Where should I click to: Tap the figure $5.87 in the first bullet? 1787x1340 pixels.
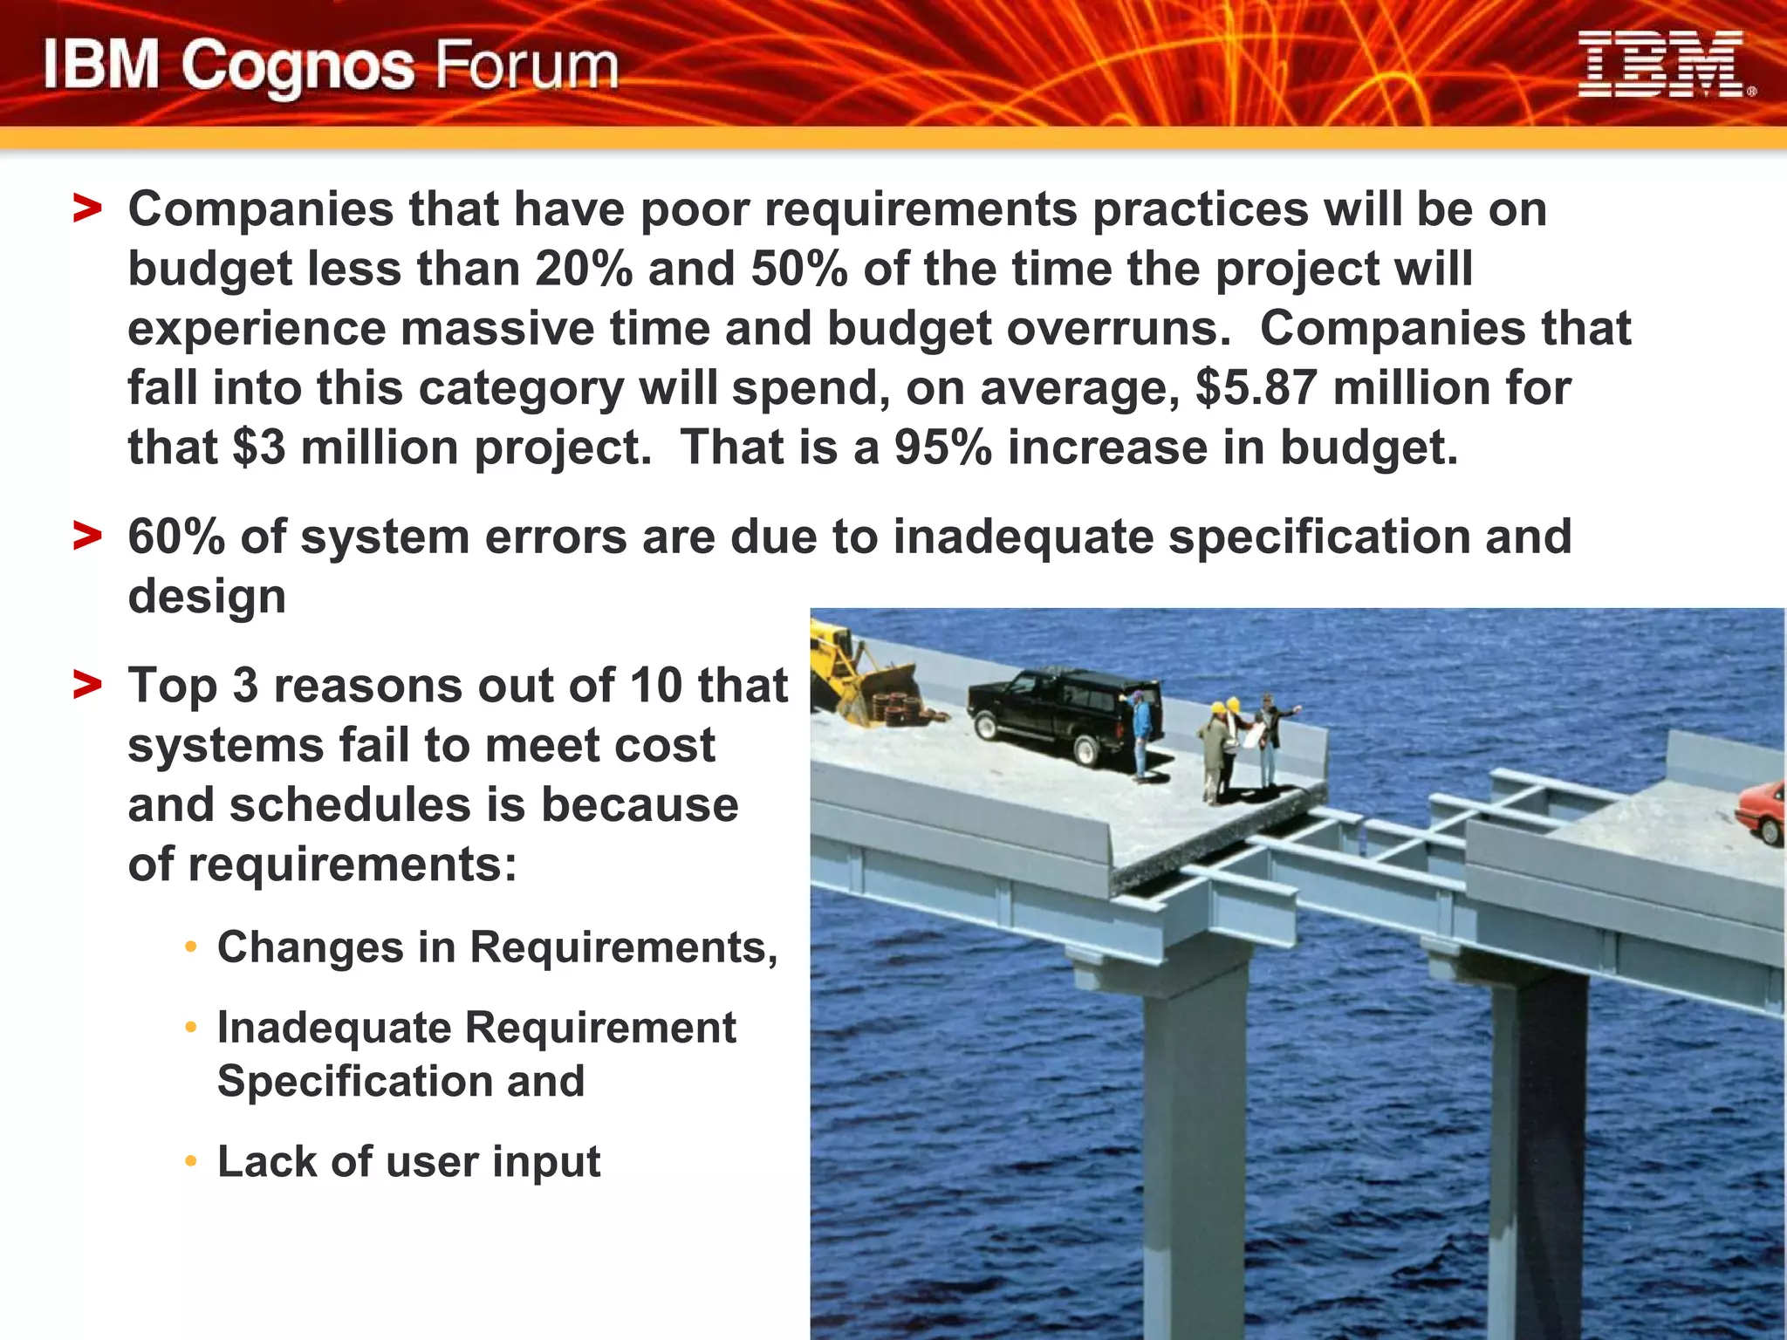(x=1256, y=387)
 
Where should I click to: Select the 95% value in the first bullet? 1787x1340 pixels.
(x=942, y=448)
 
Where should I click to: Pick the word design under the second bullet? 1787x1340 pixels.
(x=207, y=597)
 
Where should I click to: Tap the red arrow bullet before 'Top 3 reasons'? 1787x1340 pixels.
(x=87, y=685)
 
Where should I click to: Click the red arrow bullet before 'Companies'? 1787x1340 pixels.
(x=87, y=209)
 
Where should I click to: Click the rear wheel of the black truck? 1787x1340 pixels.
(x=1086, y=750)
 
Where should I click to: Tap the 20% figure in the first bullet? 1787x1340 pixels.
(x=583, y=269)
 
